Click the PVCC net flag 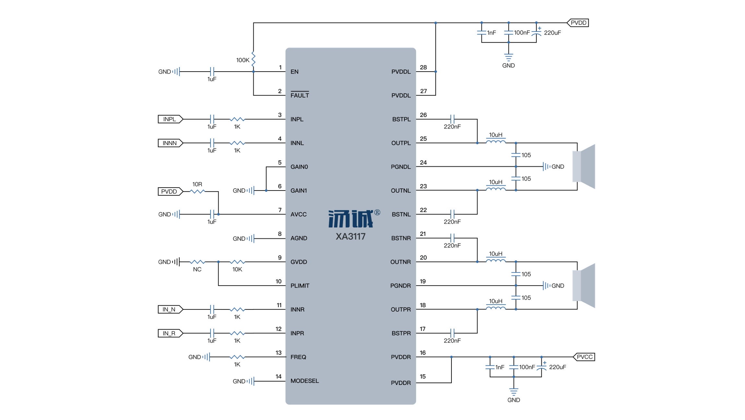584,357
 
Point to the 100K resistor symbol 253,59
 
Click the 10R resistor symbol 197,192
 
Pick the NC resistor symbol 197,262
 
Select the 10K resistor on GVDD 237,262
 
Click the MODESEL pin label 305,381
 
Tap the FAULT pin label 300,95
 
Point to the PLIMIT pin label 300,286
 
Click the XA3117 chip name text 351,237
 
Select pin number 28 423,67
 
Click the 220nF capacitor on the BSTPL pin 452,119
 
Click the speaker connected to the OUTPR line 584,286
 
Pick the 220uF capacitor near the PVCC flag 542,367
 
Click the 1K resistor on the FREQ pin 237,357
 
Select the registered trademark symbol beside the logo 377,213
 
